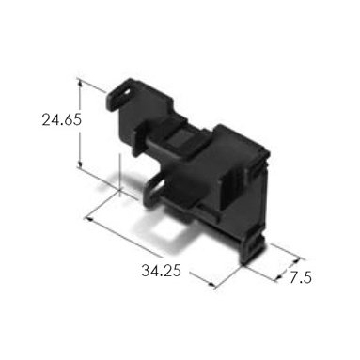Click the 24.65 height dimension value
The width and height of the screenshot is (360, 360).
click(x=62, y=119)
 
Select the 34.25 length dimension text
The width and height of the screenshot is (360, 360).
click(x=161, y=271)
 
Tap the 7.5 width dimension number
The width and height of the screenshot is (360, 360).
click(x=300, y=277)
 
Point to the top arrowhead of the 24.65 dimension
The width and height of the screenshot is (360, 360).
click(x=80, y=83)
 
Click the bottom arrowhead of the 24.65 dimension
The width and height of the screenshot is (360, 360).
click(x=80, y=164)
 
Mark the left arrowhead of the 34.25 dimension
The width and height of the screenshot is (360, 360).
click(x=89, y=218)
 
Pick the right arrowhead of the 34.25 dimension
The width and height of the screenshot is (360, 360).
click(x=211, y=285)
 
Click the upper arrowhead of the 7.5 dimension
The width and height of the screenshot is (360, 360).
click(x=297, y=261)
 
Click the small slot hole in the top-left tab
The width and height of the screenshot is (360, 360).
click(x=126, y=93)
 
